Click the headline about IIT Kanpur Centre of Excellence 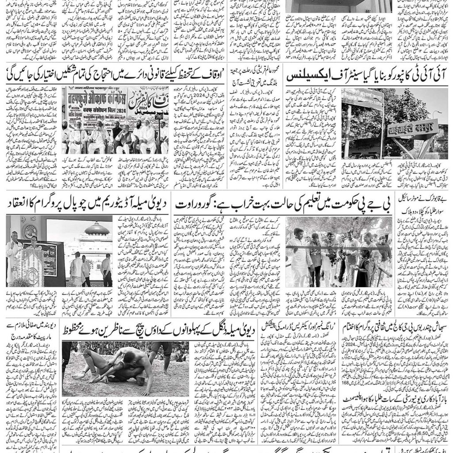click(367, 76)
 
